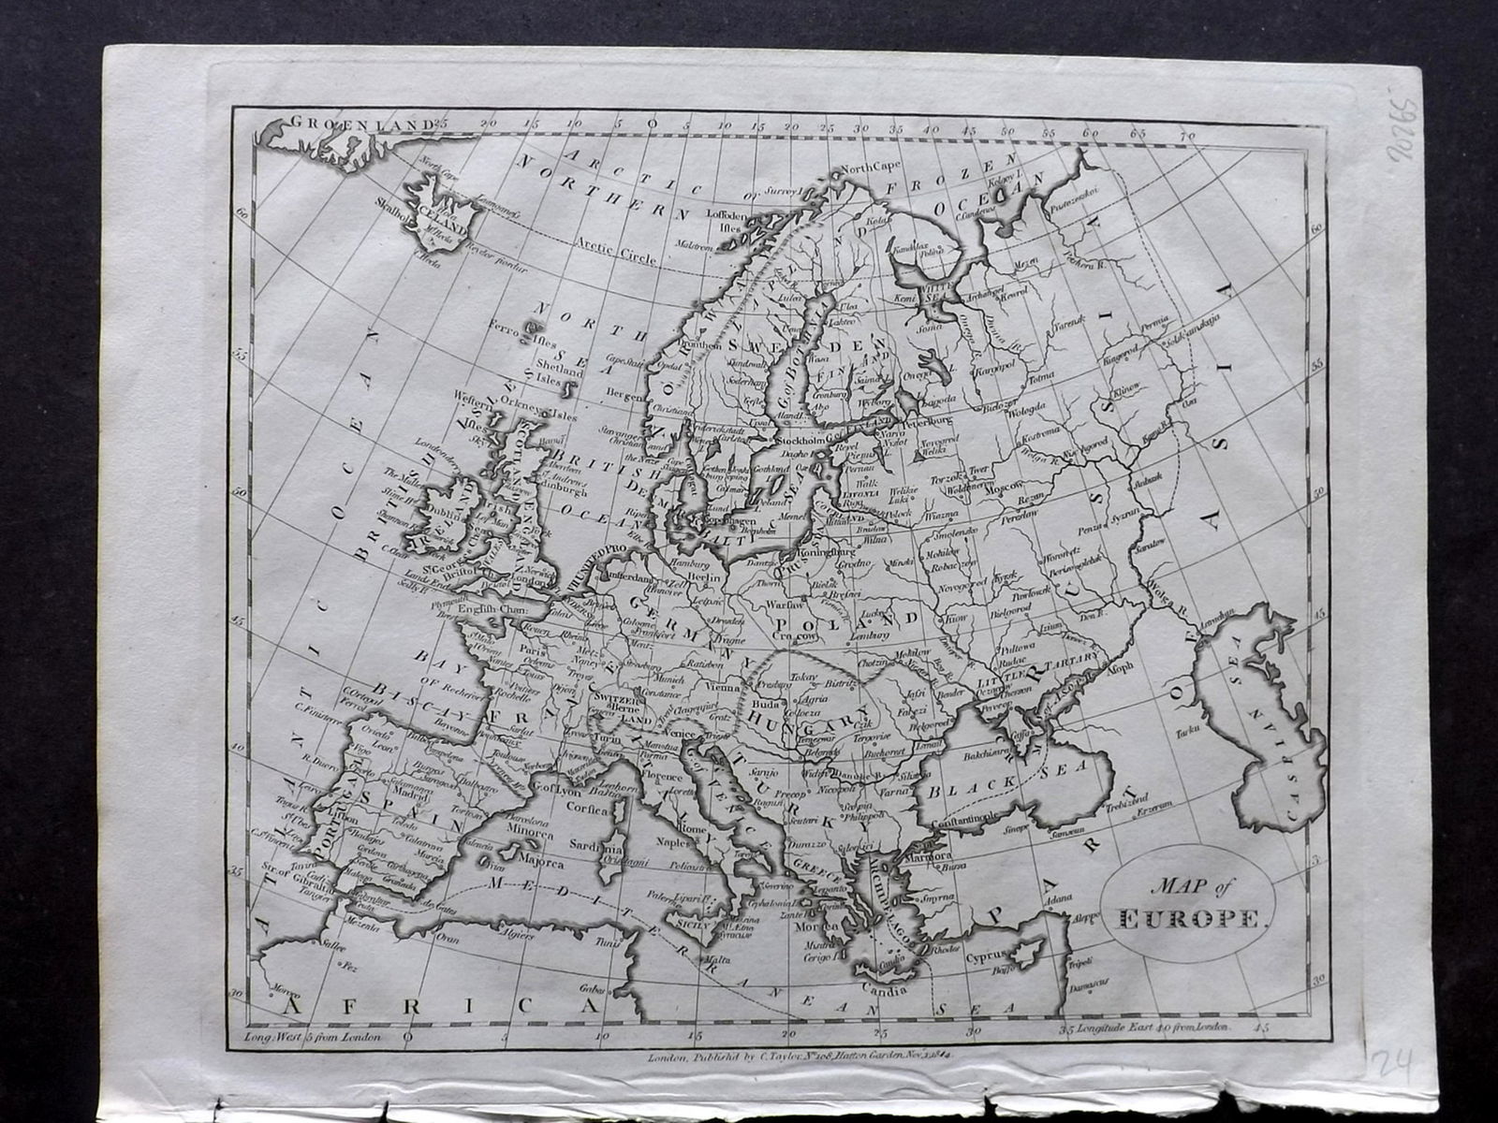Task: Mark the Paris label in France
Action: tap(533, 645)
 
